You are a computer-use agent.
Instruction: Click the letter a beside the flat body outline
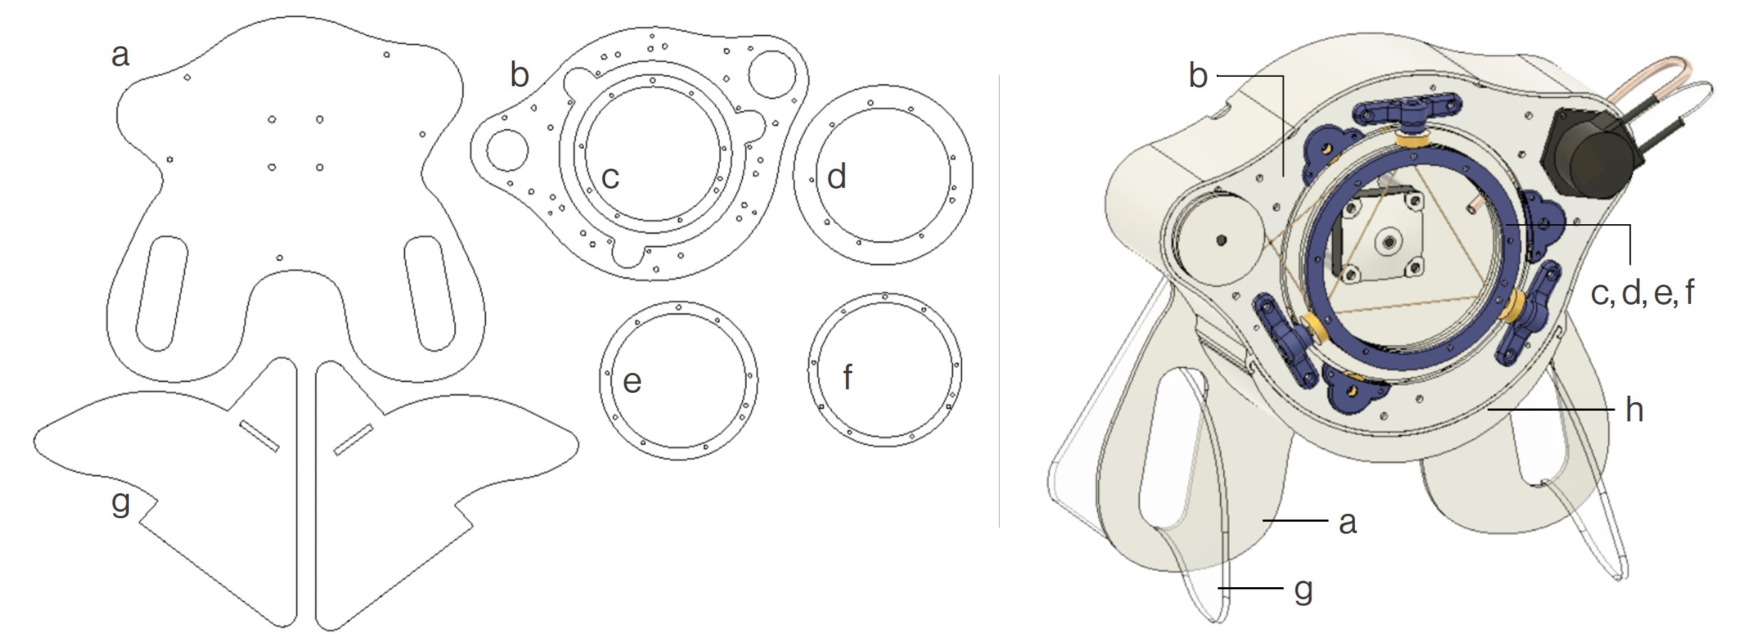click(x=120, y=55)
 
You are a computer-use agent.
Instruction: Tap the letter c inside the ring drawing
click(x=610, y=178)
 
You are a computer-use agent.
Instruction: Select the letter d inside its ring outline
click(x=837, y=176)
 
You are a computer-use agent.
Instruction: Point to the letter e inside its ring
click(x=632, y=382)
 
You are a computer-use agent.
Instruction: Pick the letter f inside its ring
click(x=848, y=377)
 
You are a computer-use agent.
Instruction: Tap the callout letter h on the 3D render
click(x=1634, y=410)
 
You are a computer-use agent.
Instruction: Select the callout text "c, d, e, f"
click(x=1642, y=293)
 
